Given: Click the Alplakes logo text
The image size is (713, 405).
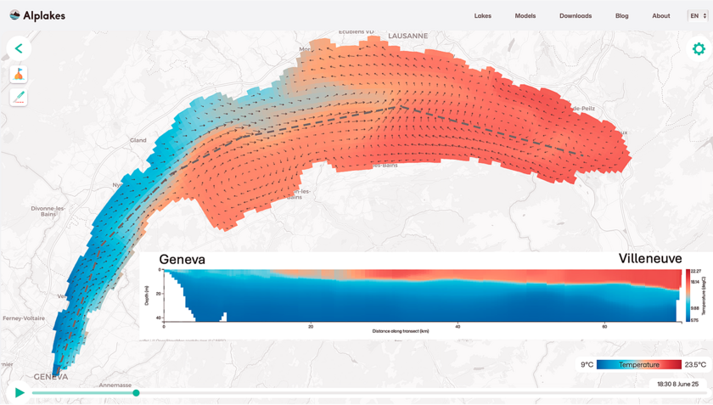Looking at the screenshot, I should pyautogui.click(x=44, y=15).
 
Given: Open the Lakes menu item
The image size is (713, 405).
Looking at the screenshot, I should pyautogui.click(x=483, y=16).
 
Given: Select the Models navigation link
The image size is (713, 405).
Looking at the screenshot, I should pyautogui.click(x=525, y=16).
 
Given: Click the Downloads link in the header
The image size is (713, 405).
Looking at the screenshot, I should pyautogui.click(x=575, y=16).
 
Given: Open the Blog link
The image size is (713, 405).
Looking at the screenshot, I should pyautogui.click(x=622, y=16).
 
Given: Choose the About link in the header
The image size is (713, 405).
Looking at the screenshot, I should pyautogui.click(x=661, y=16).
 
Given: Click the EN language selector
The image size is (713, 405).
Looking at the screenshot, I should pyautogui.click(x=697, y=15).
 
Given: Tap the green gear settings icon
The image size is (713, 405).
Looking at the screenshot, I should pyautogui.click(x=699, y=49).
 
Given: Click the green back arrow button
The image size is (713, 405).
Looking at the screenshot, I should pyautogui.click(x=19, y=48).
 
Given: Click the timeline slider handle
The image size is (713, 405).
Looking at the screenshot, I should pyautogui.click(x=136, y=392).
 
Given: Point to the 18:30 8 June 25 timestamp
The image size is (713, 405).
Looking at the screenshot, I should pyautogui.click(x=677, y=385).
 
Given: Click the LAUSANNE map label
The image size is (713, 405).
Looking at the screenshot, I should pyautogui.click(x=407, y=37).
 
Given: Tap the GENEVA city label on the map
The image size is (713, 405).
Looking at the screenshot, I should pyautogui.click(x=51, y=376).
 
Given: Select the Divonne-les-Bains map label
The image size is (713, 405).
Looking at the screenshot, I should pyautogui.click(x=48, y=211).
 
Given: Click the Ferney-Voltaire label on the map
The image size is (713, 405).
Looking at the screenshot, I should pyautogui.click(x=24, y=318).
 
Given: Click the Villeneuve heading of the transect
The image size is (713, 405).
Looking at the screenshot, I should pyautogui.click(x=650, y=259).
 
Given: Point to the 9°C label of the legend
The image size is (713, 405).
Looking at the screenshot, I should pyautogui.click(x=587, y=365).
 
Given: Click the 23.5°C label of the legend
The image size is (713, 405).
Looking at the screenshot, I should pyautogui.click(x=695, y=365).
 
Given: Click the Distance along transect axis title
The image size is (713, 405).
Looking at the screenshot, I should pyautogui.click(x=401, y=331).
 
